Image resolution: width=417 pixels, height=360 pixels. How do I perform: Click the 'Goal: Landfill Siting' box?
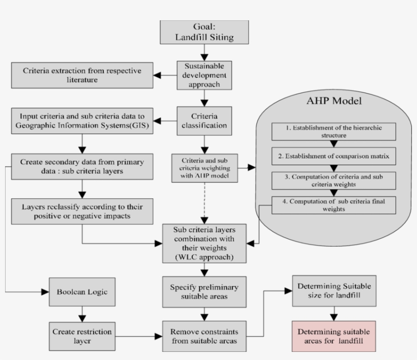pos(204,32)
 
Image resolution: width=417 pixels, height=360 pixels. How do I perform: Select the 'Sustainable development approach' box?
pos(204,75)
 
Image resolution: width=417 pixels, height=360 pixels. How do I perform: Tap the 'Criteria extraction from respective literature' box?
pos(82,74)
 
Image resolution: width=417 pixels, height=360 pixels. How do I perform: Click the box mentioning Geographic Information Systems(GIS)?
pos(82,121)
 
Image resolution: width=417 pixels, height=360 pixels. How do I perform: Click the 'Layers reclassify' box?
pos(82,211)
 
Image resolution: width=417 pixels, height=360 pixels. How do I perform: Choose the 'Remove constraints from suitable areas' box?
pos(204,335)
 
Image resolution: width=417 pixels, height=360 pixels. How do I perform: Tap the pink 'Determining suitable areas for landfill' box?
pos(334,336)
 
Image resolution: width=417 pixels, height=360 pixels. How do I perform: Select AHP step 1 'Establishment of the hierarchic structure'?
pos(334,132)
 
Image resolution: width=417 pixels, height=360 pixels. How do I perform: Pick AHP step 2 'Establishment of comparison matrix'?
pos(334,157)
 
